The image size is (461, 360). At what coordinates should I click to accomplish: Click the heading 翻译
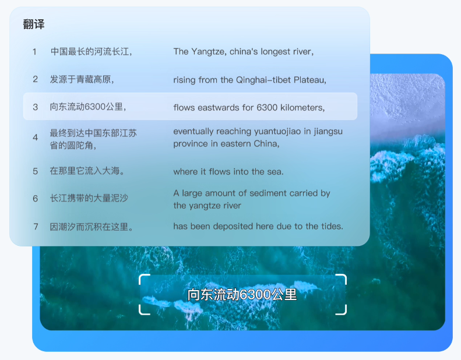[34, 24]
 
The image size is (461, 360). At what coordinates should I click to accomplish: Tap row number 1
[34, 52]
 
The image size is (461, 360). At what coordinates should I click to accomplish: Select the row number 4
[36, 137]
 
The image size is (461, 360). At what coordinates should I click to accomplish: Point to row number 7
[36, 227]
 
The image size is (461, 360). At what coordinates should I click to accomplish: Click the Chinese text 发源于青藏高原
[80, 79]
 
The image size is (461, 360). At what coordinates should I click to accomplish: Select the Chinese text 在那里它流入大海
[85, 171]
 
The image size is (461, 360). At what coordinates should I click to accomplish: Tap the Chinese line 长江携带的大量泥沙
[89, 198]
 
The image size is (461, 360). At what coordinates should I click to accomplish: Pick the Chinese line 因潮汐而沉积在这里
[89, 227]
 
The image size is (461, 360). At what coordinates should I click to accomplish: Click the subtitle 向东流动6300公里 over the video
[242, 294]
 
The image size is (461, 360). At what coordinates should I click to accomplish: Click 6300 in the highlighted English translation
[267, 108]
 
